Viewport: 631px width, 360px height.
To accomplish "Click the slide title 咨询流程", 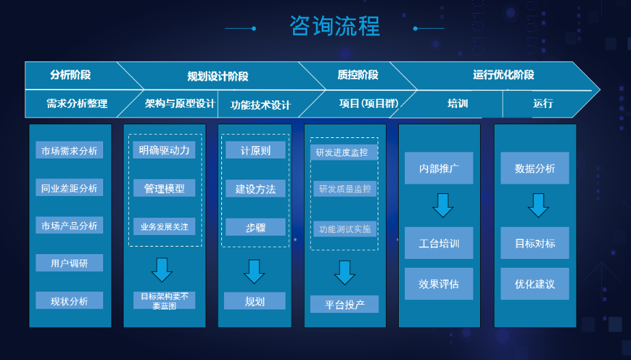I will [334, 27].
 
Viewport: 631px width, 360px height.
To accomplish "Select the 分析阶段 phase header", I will [70, 75].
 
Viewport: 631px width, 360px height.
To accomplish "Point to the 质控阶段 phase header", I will [358, 75].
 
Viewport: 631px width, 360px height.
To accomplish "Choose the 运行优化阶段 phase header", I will [503, 75].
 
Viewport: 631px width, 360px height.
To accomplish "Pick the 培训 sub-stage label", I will [458, 104].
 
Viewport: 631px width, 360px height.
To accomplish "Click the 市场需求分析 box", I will [70, 150].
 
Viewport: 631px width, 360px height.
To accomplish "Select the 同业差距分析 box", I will [70, 188].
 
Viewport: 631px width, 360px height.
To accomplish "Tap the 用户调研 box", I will [70, 263].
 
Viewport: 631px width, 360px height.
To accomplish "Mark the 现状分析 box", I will [70, 301].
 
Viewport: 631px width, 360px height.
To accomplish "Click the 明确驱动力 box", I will [164, 150].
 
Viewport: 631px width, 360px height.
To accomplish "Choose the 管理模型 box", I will [164, 188].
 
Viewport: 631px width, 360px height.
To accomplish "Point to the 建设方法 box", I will [255, 189].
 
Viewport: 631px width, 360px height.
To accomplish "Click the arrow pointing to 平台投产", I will [345, 272].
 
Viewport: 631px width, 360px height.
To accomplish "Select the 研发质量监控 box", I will [344, 189].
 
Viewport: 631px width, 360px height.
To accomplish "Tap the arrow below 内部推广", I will [443, 205].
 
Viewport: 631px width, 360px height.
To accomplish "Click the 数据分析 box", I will [535, 169].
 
